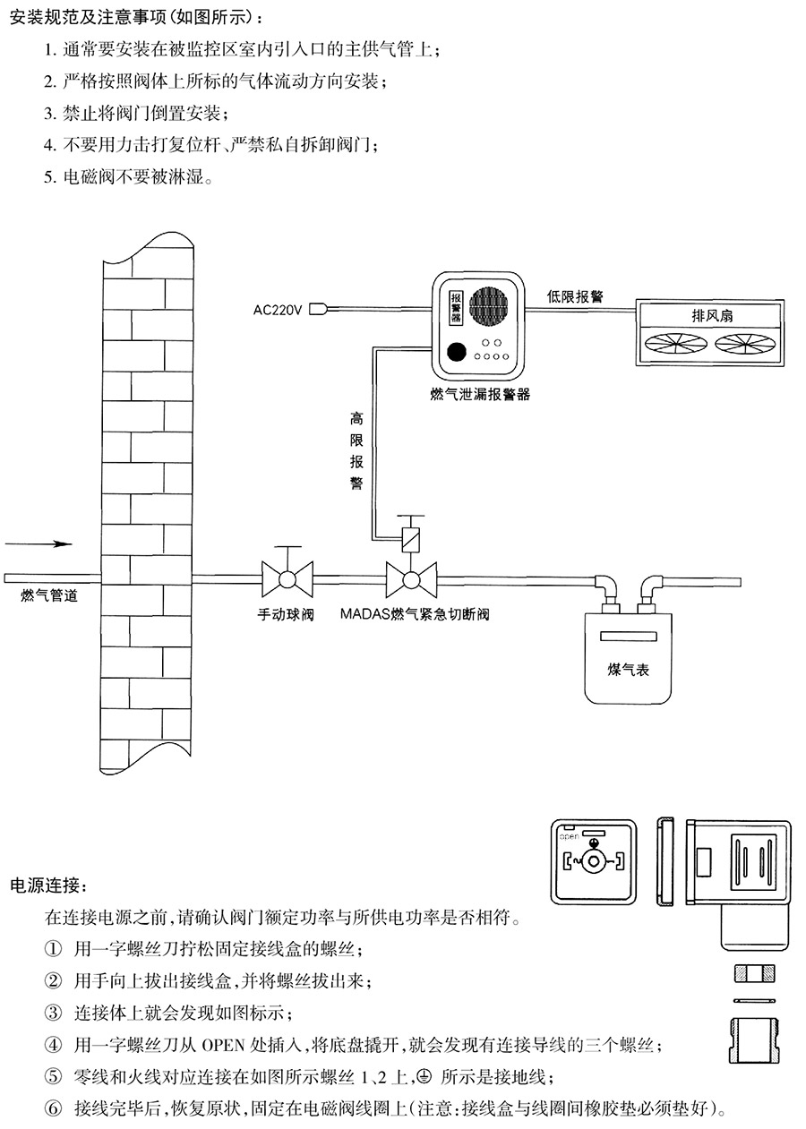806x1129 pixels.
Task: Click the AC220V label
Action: pyautogui.click(x=279, y=310)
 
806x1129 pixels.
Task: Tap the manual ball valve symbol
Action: pyautogui.click(x=287, y=579)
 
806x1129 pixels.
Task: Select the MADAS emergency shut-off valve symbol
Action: pyautogui.click(x=411, y=580)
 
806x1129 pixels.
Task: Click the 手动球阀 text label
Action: pyautogui.click(x=286, y=615)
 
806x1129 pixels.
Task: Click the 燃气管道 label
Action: pyautogui.click(x=48, y=595)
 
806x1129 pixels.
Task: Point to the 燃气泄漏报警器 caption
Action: pyautogui.click(x=479, y=394)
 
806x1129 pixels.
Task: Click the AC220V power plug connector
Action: pyautogui.click(x=321, y=310)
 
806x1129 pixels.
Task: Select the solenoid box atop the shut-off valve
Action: pyautogui.click(x=411, y=540)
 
